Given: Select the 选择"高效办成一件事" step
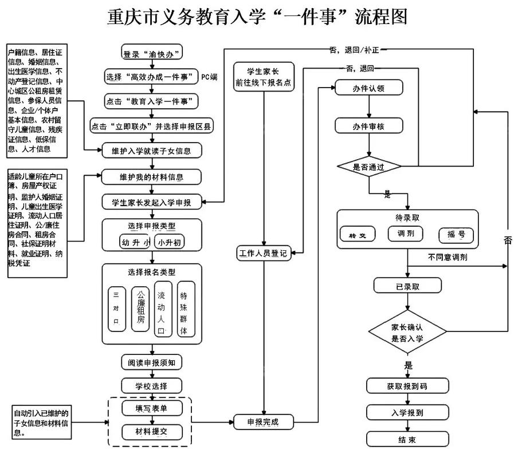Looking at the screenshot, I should coord(151,77).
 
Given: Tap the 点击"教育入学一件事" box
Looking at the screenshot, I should coord(151,101).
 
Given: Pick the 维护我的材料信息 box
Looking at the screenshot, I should coord(151,177).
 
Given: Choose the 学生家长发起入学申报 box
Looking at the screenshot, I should coord(151,202).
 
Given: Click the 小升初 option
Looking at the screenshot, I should coord(170,242).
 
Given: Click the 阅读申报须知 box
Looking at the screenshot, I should coord(152,362).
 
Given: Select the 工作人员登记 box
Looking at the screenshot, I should coord(262,253).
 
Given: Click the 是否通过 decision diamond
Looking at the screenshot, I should coord(370,167).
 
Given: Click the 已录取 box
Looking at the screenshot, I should coord(407,285).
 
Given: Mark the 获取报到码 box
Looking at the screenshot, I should coord(407,386).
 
